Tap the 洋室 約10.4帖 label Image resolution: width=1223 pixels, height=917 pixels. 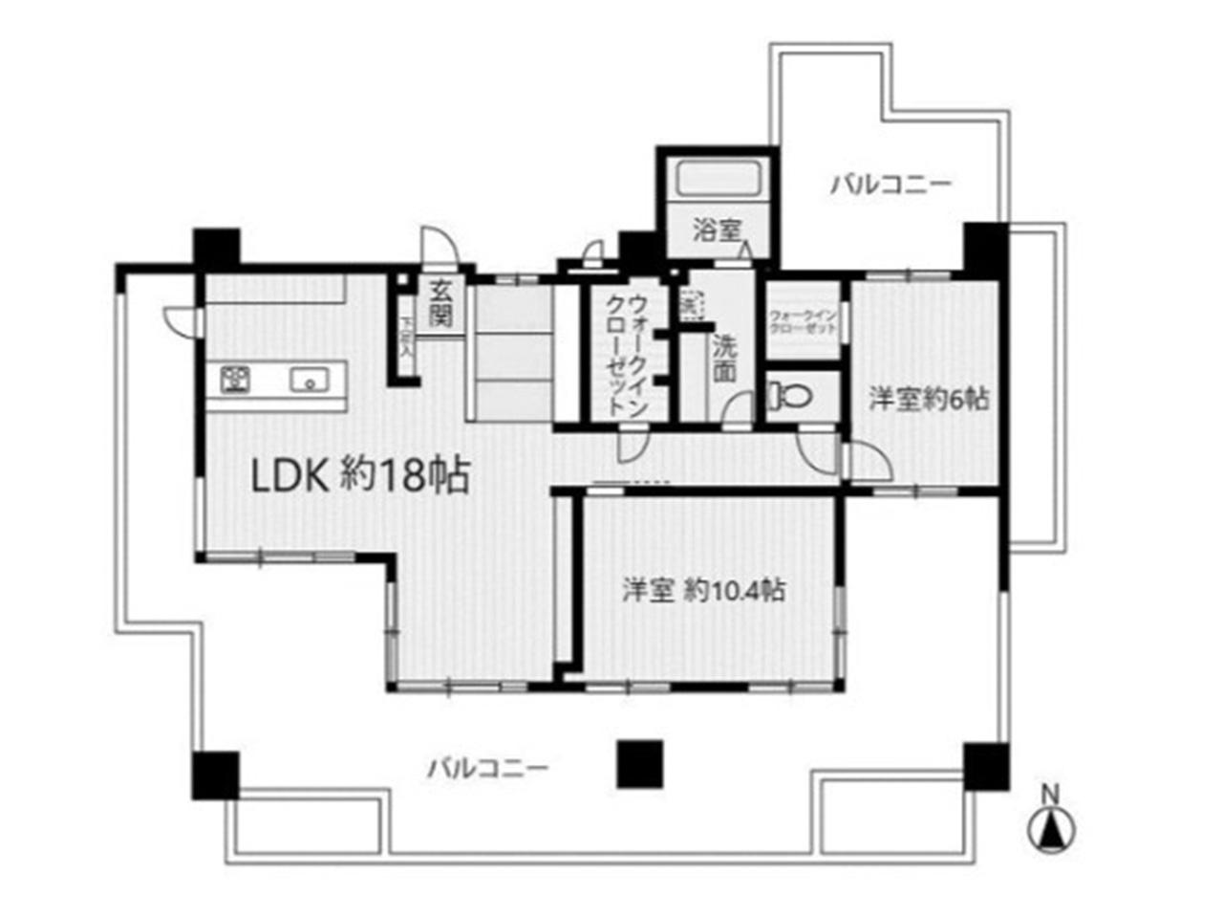click(x=704, y=591)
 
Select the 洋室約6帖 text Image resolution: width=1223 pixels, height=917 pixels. click(x=928, y=398)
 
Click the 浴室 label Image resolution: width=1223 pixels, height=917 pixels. click(x=718, y=229)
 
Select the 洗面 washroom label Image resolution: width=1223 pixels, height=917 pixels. click(x=724, y=357)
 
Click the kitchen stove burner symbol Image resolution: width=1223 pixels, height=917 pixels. click(x=234, y=380)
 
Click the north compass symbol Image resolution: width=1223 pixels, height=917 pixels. click(x=1051, y=828)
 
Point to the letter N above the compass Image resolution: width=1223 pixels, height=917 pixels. click(x=1050, y=794)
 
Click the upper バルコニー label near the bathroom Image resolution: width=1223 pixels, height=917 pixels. click(x=890, y=183)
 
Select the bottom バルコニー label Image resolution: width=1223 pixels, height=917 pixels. click(x=487, y=768)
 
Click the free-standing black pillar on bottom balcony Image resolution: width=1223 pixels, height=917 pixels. click(x=639, y=765)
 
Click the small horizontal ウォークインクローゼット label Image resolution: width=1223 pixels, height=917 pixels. click(x=803, y=320)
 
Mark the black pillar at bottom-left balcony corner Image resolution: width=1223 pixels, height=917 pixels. click(x=215, y=775)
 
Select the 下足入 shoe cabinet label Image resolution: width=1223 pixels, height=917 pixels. click(x=405, y=338)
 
